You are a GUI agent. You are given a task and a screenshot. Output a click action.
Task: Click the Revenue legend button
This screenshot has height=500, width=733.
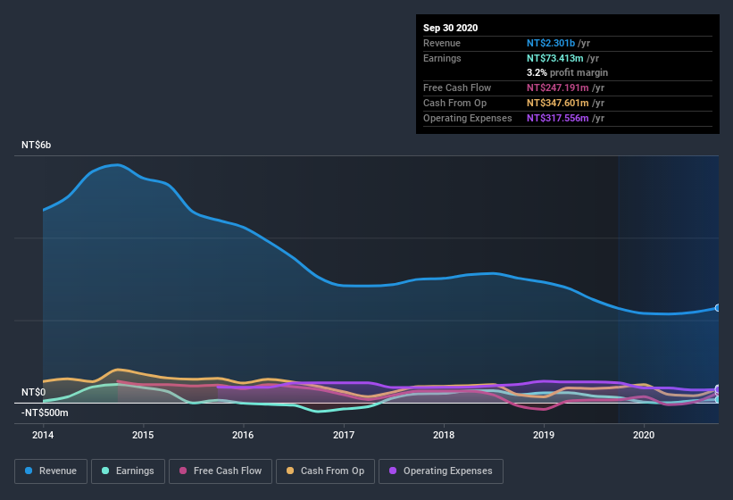[x=51, y=471]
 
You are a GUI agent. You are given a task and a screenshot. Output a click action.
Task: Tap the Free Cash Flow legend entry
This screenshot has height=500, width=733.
[x=220, y=471]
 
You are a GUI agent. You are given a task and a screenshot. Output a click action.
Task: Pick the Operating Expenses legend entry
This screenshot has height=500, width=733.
[x=440, y=471]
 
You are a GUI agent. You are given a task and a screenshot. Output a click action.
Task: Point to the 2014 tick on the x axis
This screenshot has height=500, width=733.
[x=43, y=435]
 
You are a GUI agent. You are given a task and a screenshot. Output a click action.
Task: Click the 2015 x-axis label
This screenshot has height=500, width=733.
[x=143, y=435]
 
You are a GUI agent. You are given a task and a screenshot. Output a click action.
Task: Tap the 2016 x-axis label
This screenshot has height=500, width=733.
[x=243, y=435]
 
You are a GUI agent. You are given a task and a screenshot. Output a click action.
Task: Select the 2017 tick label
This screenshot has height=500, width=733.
[x=344, y=435]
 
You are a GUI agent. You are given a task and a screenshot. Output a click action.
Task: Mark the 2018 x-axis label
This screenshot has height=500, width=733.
[x=444, y=435]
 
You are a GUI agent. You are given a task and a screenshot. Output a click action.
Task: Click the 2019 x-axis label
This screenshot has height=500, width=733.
[x=544, y=435]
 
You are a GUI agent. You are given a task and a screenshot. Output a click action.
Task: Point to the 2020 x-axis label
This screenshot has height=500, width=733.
[x=644, y=435]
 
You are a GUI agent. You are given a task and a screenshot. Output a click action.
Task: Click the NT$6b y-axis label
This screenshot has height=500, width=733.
[x=37, y=145]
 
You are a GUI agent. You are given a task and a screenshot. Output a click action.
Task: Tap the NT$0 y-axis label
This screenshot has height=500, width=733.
[x=34, y=392]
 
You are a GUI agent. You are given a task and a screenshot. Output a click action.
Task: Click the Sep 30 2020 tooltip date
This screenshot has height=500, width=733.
[x=451, y=28]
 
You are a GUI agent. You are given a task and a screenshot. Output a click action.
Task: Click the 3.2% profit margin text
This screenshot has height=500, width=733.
[x=568, y=72]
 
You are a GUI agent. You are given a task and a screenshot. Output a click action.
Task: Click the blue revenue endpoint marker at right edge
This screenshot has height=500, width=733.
[x=718, y=308]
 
